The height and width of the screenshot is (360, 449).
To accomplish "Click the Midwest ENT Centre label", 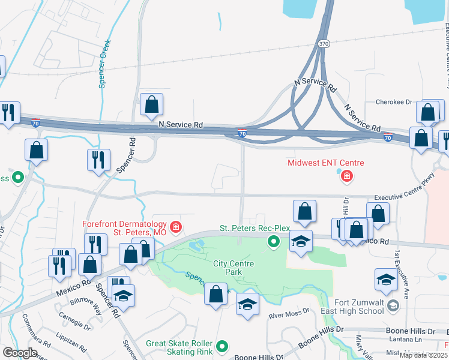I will click(x=325, y=163).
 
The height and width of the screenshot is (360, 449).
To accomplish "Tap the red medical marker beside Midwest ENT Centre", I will click(x=346, y=176).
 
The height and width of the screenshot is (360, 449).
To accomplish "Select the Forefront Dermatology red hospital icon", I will click(x=175, y=227).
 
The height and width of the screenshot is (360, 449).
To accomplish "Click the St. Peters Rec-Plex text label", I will click(x=255, y=229).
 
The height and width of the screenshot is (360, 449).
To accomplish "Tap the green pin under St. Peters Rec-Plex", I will click(x=274, y=242).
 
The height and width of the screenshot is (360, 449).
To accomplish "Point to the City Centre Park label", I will click(x=234, y=268).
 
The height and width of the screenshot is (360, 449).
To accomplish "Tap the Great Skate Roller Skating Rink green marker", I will click(x=222, y=346).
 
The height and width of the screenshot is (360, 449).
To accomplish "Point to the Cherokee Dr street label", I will click(x=393, y=101).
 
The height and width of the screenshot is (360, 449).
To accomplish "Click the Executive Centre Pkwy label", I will click(x=403, y=196).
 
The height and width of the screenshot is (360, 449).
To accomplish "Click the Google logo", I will click(x=20, y=353).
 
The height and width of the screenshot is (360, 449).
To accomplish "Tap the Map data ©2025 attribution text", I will click(x=423, y=355).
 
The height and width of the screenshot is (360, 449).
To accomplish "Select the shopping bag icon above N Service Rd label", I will click(x=151, y=105).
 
